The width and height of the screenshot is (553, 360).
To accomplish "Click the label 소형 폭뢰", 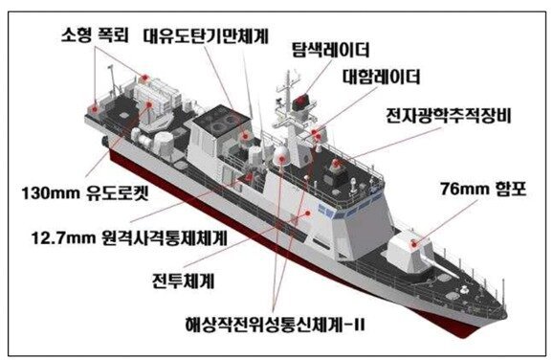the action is coord(96,34).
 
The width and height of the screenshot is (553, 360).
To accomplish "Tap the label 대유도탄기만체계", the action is coord(206,36).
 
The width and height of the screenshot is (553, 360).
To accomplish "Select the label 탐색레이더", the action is coord(330,50).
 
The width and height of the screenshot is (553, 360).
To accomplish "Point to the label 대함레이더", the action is coord(381,77).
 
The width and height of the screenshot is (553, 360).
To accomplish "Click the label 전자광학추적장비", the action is coord(449,116).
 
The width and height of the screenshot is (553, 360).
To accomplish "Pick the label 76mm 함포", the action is coord(483,190).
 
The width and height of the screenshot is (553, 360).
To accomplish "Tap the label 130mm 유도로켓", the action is coord(85,193).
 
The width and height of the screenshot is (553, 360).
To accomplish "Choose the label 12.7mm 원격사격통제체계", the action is coord(129,237).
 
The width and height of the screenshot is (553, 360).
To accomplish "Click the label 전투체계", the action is coord(183,281).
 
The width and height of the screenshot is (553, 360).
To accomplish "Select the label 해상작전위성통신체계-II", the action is coord(275,324).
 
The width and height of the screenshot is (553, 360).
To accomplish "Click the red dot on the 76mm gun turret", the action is coord(414,243).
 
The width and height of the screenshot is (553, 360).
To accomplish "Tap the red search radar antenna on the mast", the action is coord(299,101).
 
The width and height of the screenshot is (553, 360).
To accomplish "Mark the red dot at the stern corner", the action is coord(94,109).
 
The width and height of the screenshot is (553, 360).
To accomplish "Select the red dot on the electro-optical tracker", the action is coord(336,163).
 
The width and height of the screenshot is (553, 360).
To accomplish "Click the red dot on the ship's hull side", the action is coord(308,214).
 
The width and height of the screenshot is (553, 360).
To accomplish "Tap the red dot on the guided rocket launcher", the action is coord(149,104).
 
